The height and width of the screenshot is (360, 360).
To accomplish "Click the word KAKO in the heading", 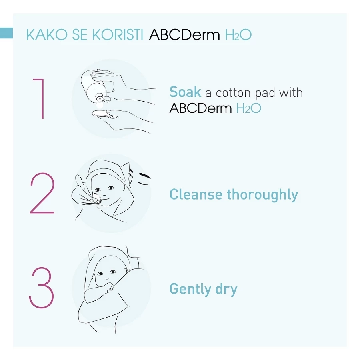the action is (47, 35).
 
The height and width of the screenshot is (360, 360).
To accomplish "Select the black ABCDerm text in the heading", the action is (184, 35).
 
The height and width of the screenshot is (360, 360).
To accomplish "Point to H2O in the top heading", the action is (238, 35).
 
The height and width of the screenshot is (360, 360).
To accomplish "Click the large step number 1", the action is (39, 99).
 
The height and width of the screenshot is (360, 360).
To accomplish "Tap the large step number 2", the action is (42, 193).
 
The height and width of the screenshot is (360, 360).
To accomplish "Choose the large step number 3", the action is (41, 288).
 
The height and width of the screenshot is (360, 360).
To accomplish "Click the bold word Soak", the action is (185, 92).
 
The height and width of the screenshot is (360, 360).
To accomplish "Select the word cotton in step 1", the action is (233, 93).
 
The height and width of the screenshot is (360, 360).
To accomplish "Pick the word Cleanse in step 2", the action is (196, 194).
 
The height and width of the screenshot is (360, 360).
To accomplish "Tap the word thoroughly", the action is (262, 195).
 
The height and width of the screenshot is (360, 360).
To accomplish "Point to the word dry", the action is (226, 289).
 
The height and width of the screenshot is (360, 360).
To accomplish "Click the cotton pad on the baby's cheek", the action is (96, 198).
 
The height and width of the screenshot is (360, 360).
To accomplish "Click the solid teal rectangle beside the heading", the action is (6, 33).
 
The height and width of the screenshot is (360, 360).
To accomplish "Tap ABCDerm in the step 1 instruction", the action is (201, 108).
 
